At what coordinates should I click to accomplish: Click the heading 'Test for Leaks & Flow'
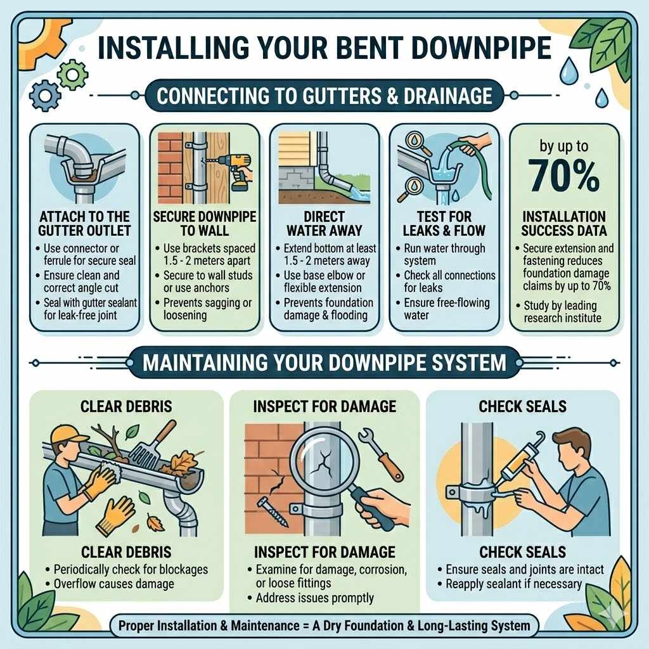444,223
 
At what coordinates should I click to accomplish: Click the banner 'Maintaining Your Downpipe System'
324,363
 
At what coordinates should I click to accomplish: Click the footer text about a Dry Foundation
324,626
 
